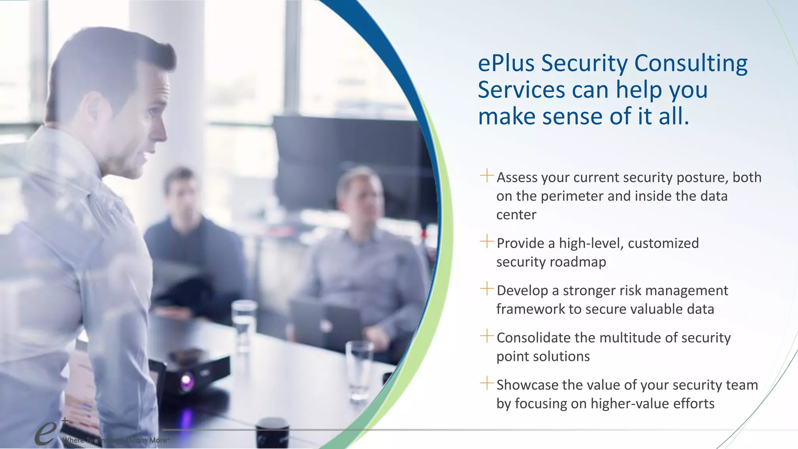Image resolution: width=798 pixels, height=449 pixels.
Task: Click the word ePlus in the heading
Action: pyautogui.click(x=506, y=63)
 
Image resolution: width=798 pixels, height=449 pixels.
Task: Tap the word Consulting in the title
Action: pyautogui.click(x=691, y=63)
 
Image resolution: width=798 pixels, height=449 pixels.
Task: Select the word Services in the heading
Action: pyautogui.click(x=521, y=90)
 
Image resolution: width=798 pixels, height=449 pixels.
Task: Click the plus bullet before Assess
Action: pyautogui.click(x=487, y=175)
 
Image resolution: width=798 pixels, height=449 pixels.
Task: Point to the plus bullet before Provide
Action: pyautogui.click(x=487, y=241)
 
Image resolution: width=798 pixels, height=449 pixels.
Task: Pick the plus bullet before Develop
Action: pyautogui.click(x=487, y=288)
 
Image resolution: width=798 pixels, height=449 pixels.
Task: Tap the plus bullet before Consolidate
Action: pyautogui.click(x=487, y=336)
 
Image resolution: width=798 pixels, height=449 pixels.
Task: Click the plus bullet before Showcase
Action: pyautogui.click(x=487, y=383)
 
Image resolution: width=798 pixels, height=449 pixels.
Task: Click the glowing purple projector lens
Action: pyautogui.click(x=186, y=381)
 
